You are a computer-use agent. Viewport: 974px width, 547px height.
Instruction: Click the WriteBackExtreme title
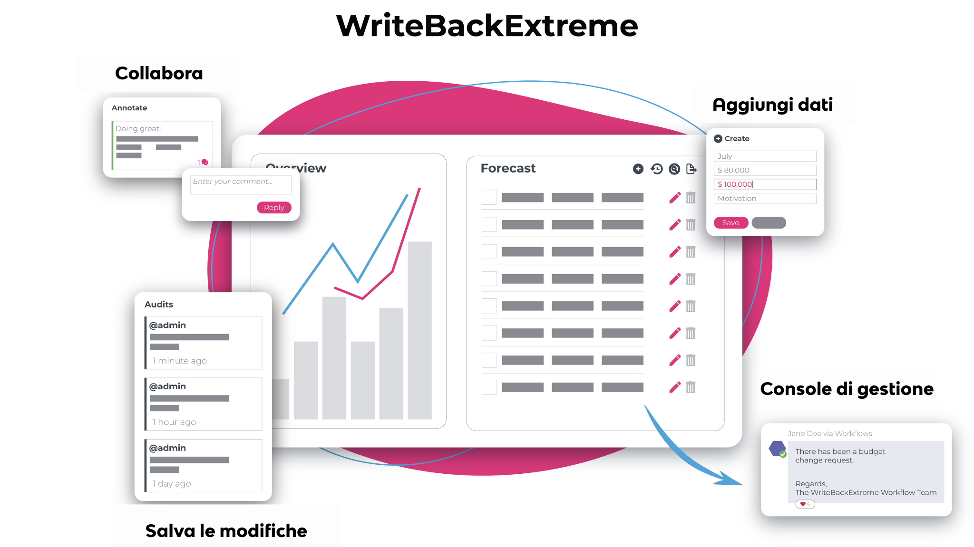[487, 26]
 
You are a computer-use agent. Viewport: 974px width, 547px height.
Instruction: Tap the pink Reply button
[274, 208]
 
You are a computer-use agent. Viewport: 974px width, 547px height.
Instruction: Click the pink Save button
[730, 223]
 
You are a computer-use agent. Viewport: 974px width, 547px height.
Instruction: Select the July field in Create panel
[765, 156]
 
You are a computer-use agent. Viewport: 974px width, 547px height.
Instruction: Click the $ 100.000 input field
[765, 184]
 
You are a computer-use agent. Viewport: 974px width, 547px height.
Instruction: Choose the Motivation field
[765, 199]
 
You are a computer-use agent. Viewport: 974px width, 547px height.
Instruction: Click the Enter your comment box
[241, 184]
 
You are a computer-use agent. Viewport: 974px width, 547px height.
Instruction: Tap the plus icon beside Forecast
[638, 169]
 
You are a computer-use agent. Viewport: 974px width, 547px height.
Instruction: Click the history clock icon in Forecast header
[657, 169]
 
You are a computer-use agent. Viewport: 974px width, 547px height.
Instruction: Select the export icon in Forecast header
[692, 169]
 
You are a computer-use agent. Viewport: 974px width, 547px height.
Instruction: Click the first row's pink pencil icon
[675, 198]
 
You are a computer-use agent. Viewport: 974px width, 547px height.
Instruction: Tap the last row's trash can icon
[691, 387]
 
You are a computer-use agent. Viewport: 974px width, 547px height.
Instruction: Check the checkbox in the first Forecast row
[489, 197]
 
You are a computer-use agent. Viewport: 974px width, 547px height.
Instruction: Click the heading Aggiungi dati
[772, 105]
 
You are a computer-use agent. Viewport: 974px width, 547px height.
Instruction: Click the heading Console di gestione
[847, 389]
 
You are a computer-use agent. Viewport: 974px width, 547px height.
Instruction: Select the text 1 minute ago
[180, 361]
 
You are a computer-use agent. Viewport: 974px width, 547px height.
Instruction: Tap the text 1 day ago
[172, 484]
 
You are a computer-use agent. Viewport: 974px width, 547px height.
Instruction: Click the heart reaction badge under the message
[805, 504]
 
